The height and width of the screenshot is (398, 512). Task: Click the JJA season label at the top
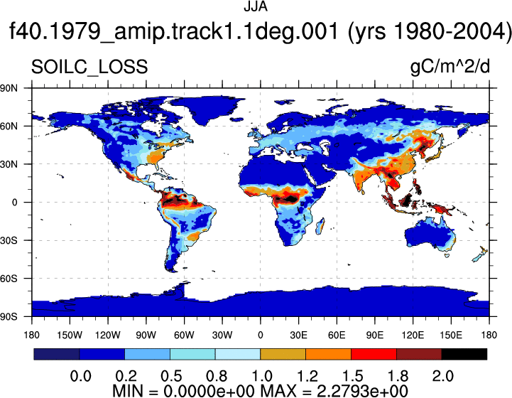coord(256,6)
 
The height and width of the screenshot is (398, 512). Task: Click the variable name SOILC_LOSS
coord(89,68)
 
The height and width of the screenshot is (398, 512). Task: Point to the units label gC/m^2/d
coord(450,67)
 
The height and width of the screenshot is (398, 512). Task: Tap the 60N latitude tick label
coord(9,126)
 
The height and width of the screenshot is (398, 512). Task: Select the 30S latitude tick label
coord(9,240)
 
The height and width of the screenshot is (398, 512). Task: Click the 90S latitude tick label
coord(9,317)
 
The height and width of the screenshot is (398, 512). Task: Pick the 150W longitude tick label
coord(70,335)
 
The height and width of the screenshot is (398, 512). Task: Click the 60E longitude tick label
coord(337,335)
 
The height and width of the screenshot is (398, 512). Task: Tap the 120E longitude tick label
coord(413,335)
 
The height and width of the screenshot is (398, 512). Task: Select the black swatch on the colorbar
coord(464,354)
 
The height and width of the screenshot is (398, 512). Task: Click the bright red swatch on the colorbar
coord(374,354)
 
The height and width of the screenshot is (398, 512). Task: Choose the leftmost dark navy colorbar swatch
coord(57,354)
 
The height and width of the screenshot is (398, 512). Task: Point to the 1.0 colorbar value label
coord(262,376)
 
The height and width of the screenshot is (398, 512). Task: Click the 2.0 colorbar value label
coord(443,376)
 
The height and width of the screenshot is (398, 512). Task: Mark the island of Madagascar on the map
coord(321,227)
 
